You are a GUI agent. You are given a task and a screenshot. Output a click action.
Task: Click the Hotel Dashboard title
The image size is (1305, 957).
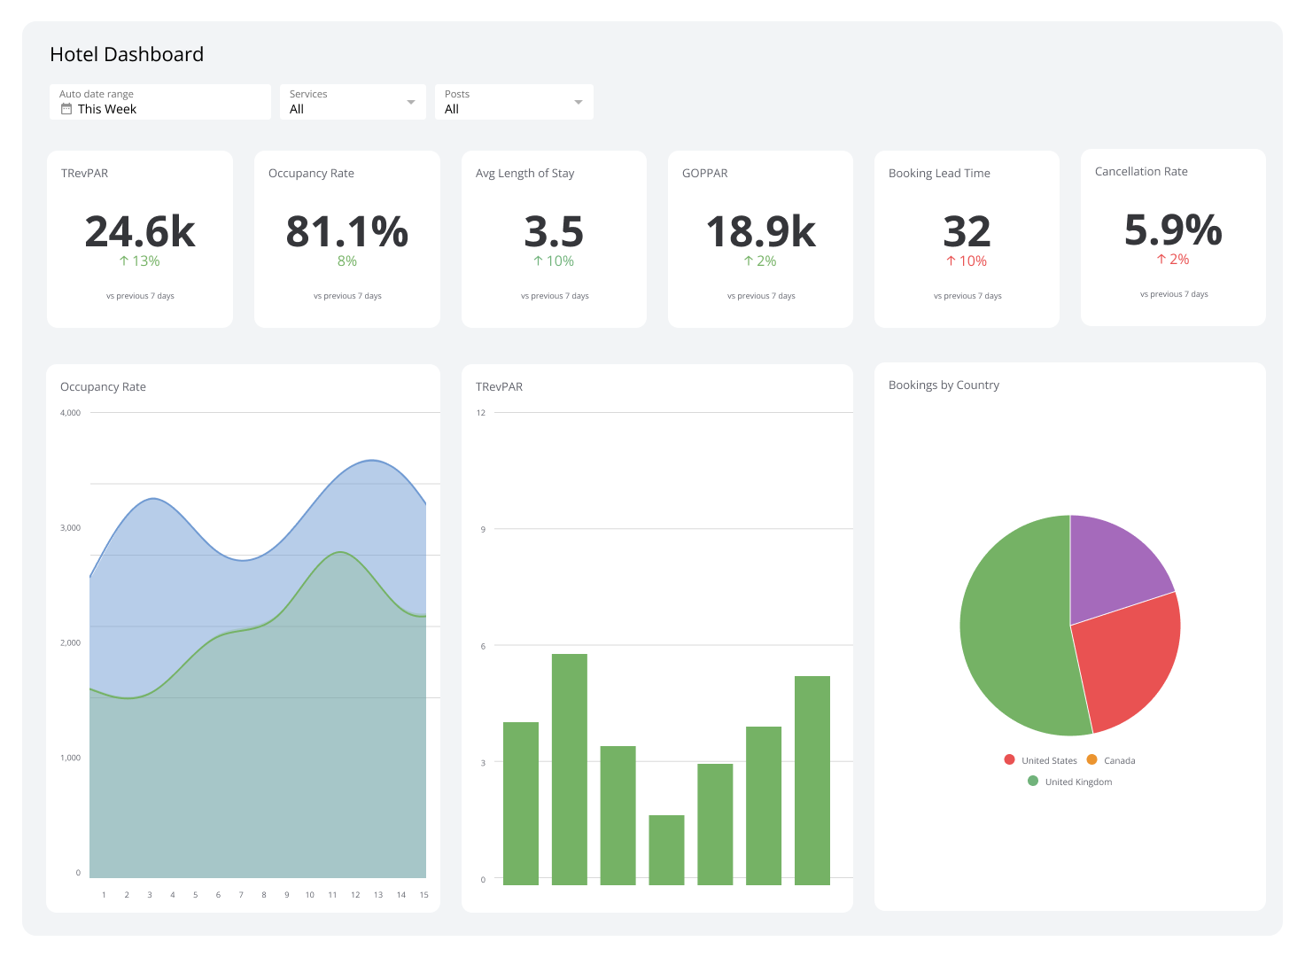pos(127,55)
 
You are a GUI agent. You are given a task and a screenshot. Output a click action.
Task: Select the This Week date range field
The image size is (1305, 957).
pos(106,109)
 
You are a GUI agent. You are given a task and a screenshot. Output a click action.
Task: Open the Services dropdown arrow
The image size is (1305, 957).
pos(410,102)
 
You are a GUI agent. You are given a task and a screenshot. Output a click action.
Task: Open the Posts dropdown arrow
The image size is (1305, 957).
pos(578,102)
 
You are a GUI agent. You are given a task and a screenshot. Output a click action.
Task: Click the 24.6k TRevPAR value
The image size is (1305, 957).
pos(140,232)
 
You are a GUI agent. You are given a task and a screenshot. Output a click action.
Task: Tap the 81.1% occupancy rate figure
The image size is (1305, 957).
pos(346,232)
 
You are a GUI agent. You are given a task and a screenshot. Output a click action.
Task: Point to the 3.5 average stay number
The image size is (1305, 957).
pos(554,232)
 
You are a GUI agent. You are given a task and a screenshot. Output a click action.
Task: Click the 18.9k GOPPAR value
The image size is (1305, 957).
pos(760,232)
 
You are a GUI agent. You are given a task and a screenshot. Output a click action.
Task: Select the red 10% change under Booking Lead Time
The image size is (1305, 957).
pos(967,261)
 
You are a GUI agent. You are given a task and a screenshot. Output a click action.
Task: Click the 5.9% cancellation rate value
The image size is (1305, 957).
pos(1173,230)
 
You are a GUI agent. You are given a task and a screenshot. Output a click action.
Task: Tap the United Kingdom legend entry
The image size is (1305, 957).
pos(1077,782)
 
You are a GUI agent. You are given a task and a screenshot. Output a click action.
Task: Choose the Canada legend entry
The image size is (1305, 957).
pos(1118,760)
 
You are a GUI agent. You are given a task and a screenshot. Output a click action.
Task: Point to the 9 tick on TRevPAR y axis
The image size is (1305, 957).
pos(483,530)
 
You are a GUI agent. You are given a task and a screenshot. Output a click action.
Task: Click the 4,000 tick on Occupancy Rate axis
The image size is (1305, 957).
pos(70,413)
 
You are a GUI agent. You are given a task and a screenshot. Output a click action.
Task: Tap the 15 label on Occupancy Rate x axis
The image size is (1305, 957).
pos(423,895)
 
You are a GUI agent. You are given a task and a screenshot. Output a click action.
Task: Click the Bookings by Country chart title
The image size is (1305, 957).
pos(944,385)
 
